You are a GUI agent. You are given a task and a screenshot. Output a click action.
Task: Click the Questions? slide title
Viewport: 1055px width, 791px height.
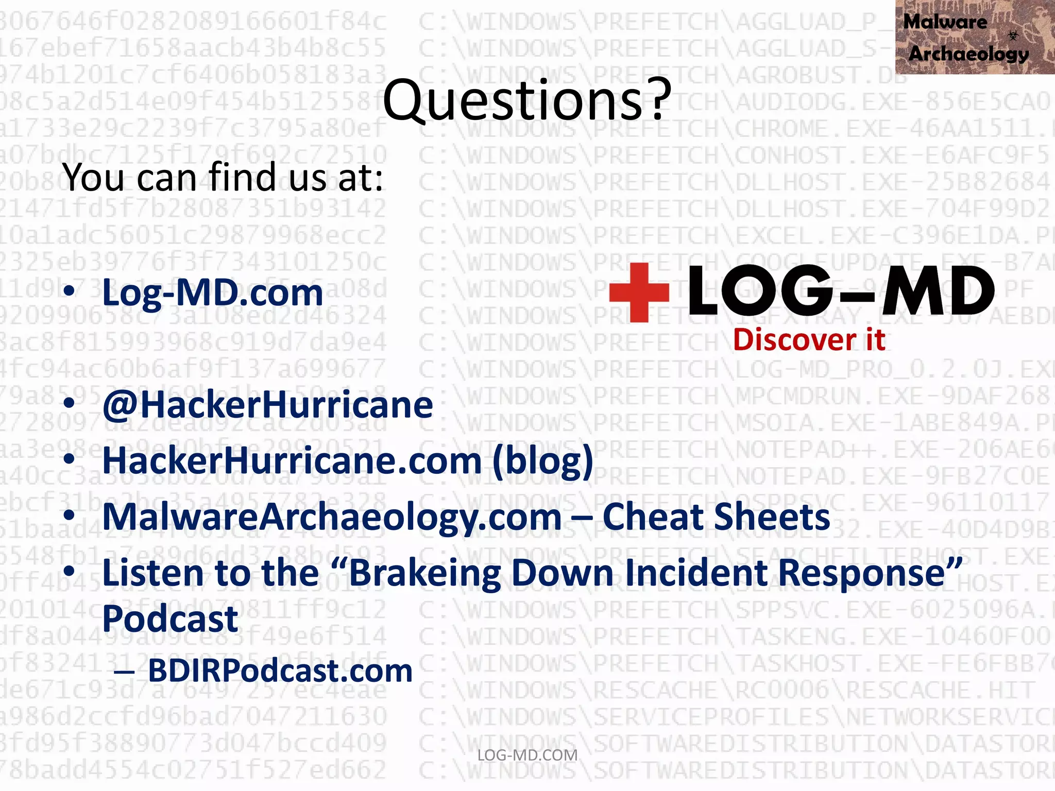[x=527, y=100]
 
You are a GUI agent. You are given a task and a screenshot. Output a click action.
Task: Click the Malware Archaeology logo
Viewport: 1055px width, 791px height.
[x=975, y=37]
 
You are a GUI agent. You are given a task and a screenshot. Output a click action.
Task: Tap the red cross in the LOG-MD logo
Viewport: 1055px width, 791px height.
[x=639, y=292]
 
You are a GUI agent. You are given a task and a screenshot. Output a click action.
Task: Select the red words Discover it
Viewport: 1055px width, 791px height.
[x=809, y=340]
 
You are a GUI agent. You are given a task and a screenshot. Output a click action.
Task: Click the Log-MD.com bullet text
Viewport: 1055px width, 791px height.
[x=213, y=293]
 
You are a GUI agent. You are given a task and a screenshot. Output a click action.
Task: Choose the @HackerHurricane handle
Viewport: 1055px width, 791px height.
[x=268, y=405]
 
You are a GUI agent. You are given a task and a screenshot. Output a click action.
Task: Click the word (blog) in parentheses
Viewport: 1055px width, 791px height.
[x=543, y=461]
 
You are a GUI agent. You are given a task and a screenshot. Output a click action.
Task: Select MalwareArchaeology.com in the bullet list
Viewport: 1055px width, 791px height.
[x=332, y=517]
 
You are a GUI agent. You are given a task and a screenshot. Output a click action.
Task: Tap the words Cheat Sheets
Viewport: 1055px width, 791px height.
[x=716, y=517]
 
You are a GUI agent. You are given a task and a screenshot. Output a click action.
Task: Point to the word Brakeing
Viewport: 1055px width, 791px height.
[x=425, y=573]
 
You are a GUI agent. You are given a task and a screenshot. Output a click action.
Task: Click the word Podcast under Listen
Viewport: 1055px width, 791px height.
[x=170, y=618]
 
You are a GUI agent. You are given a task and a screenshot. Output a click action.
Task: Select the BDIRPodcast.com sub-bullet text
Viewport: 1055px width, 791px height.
[x=280, y=670]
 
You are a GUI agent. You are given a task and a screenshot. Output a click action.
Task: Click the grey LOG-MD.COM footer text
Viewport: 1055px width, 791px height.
[x=527, y=755]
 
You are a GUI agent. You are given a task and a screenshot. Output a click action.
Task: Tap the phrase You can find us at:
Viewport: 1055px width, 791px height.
[x=223, y=177]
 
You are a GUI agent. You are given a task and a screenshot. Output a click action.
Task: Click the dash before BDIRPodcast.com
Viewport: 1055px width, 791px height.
[x=124, y=672]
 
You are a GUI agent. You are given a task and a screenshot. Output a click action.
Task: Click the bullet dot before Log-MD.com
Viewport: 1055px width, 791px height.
[x=69, y=291]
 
